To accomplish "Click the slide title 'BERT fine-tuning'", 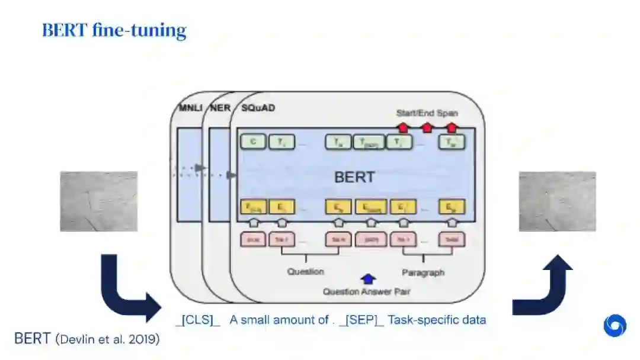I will tap(114, 30).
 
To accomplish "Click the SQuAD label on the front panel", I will tap(258, 108).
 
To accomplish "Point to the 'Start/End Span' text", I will tap(427, 112).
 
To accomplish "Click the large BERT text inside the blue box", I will tap(354, 177).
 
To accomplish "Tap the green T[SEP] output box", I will tap(368, 142).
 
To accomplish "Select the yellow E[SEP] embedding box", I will tap(371, 207).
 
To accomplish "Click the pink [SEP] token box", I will tap(371, 240).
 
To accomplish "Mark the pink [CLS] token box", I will tap(252, 240).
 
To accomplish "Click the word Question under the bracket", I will tap(306, 272).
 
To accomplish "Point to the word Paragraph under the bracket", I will tap(423, 272).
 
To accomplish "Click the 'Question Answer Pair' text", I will tap(366, 291).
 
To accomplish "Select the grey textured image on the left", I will tap(98, 201).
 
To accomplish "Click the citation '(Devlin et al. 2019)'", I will tap(107, 340).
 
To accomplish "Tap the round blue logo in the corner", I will tap(615, 326).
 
